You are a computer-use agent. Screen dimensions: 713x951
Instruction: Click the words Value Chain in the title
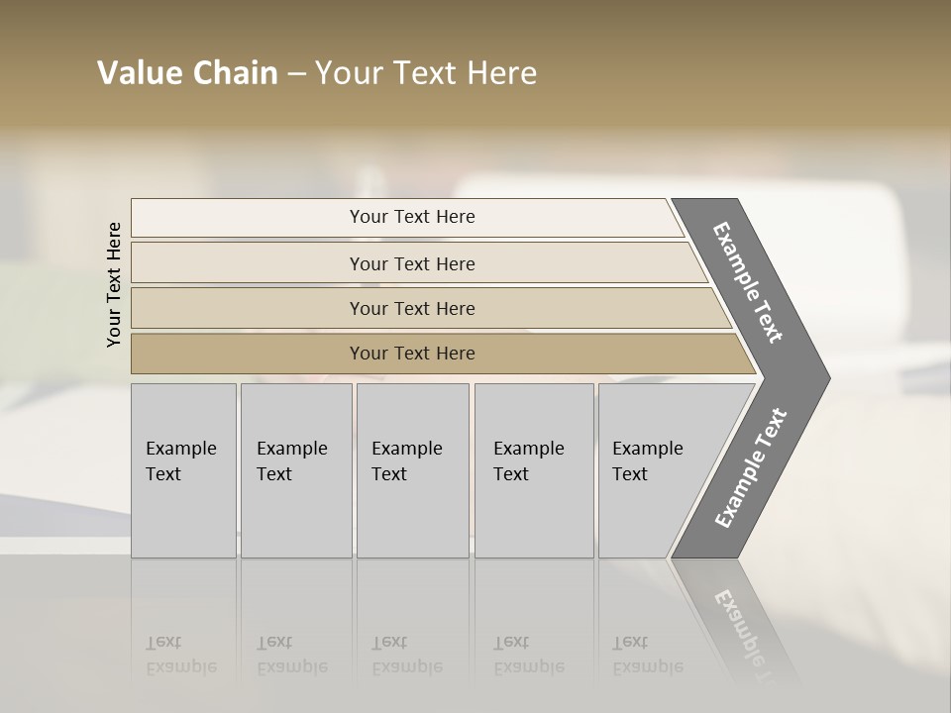tap(187, 73)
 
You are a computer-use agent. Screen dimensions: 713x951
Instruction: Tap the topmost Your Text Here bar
tap(412, 217)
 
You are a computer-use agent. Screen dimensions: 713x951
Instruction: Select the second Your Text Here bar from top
tap(412, 263)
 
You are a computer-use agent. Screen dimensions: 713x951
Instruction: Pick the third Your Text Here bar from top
tap(412, 308)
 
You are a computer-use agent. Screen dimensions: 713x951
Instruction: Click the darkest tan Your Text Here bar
tap(412, 354)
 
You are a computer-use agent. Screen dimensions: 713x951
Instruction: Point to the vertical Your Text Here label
tap(114, 285)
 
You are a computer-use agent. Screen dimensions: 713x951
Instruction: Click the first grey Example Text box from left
tap(183, 469)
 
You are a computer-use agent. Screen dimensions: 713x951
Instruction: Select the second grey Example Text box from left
tap(296, 469)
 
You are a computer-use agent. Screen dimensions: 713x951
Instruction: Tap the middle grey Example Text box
tap(412, 469)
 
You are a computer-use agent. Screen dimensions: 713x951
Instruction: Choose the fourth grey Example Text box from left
tap(534, 469)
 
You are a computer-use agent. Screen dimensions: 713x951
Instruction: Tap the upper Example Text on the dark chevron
tap(748, 282)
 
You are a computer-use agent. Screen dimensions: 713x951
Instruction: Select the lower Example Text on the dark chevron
tap(751, 467)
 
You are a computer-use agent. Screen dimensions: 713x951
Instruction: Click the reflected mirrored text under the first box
tap(181, 655)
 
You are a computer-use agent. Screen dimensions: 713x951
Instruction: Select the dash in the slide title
tap(296, 74)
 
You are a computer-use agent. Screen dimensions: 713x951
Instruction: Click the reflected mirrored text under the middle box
tap(407, 655)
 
